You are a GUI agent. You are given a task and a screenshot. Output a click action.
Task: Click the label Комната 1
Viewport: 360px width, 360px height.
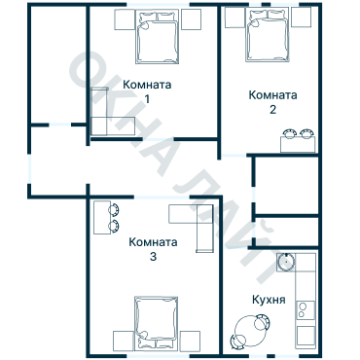147,91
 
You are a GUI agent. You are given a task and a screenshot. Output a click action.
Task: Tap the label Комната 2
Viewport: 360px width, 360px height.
272,101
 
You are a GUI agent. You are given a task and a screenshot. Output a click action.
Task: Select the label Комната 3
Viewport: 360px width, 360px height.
154,249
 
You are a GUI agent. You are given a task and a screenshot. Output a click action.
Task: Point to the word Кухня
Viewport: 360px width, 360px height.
268,301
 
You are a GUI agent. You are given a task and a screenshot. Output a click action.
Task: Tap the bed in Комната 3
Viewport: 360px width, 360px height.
157,323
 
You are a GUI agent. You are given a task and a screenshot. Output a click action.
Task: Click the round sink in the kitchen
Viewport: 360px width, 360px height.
286,261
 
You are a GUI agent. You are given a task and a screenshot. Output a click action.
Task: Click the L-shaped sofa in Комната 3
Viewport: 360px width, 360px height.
195,224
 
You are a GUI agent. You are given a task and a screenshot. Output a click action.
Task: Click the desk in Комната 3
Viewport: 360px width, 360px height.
101,218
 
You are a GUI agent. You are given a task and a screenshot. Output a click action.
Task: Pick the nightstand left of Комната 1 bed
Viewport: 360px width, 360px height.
123,18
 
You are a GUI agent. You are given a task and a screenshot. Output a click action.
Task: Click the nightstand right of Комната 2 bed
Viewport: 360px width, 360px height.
302,18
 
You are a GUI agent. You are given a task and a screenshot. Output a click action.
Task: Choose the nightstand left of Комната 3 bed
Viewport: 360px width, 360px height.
123,341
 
